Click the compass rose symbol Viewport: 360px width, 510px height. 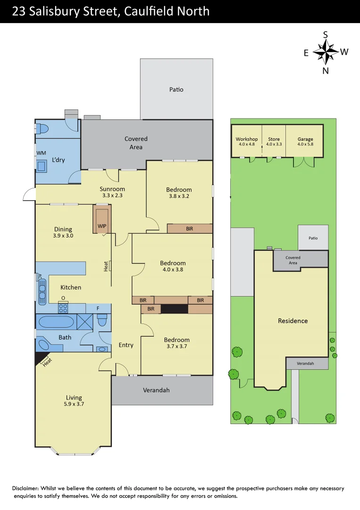coord(326,51)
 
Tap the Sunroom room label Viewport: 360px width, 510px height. coord(113,192)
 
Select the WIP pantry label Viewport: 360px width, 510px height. coord(102,226)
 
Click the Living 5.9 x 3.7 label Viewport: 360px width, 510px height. coord(74,400)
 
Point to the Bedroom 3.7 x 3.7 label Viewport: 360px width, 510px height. coord(176,343)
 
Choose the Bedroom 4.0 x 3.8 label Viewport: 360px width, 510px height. coord(173,266)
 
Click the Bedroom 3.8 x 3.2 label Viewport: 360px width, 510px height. coord(179,193)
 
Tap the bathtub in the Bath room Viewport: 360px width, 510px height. coord(56,323)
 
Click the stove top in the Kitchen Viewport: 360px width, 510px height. coord(63,308)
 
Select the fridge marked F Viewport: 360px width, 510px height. coord(98,308)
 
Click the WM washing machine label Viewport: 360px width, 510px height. coord(41,153)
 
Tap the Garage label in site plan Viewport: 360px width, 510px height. coord(305,141)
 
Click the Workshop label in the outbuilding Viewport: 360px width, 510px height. coord(247,141)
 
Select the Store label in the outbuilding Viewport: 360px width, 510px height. coord(274,141)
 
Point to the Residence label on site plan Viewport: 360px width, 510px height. coord(293,321)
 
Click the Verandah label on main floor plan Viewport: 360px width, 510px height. coord(156,390)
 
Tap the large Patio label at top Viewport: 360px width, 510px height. coord(176,89)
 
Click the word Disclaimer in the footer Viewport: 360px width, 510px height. coord(27,488)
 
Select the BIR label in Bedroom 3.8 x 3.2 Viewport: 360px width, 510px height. coord(189,229)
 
